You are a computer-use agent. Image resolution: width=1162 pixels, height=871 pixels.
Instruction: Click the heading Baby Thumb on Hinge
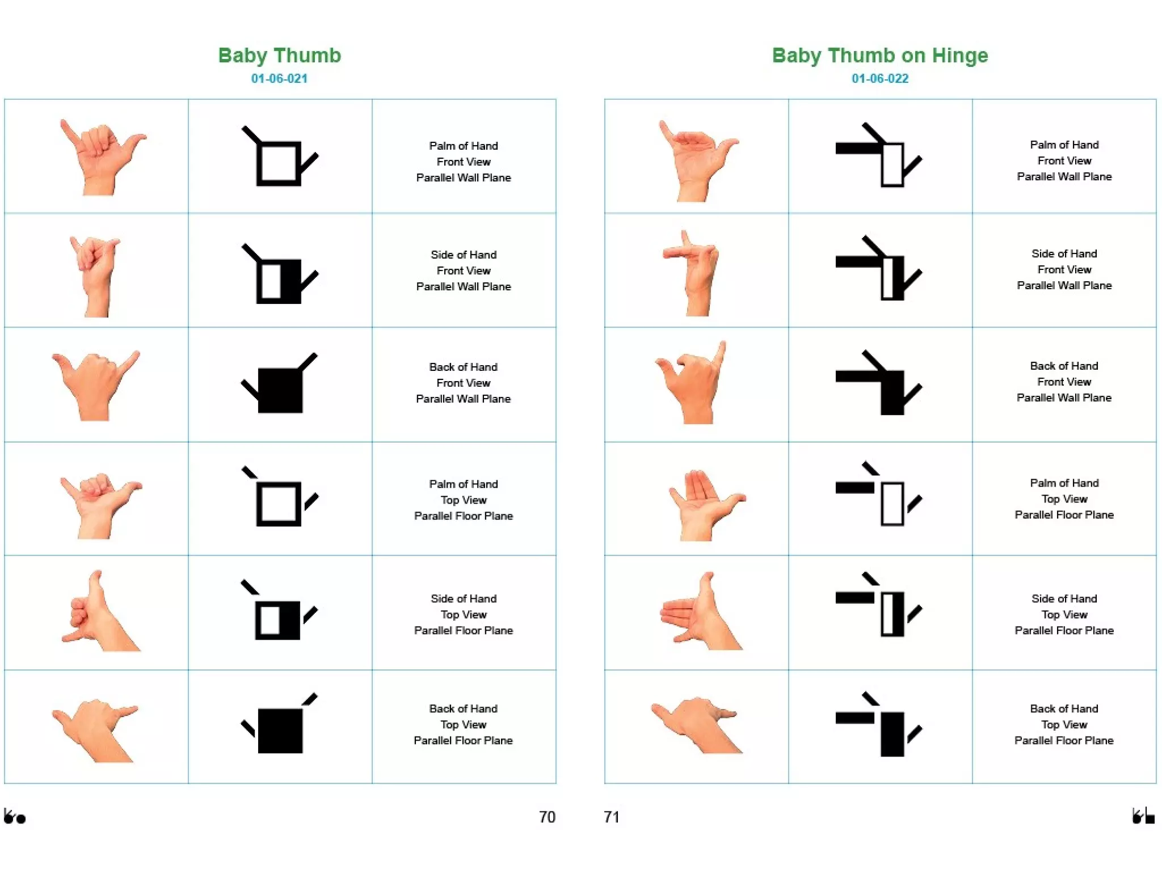click(879, 56)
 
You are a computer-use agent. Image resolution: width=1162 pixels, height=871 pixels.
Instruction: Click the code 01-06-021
click(279, 79)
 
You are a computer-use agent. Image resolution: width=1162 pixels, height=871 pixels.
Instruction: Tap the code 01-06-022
click(879, 79)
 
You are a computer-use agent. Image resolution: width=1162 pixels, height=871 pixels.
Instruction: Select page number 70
click(546, 817)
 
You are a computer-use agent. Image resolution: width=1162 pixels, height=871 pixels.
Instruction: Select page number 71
click(612, 817)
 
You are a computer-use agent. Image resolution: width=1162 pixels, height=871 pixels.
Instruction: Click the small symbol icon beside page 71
click(1143, 817)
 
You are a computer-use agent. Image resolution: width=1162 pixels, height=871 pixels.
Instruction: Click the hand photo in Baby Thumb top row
click(101, 157)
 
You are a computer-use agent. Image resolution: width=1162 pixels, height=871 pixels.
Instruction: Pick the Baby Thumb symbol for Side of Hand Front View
click(280, 274)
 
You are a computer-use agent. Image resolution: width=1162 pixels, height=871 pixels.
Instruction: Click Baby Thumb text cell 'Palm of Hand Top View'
click(464, 500)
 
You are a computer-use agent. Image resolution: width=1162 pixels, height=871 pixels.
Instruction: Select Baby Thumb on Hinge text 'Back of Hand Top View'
click(1064, 724)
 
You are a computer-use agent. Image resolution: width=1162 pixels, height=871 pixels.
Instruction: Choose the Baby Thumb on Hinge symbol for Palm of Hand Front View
click(879, 156)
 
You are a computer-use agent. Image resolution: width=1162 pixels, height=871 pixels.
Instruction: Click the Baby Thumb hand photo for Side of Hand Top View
click(99, 613)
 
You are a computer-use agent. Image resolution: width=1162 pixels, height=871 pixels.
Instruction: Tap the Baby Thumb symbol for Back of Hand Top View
click(280, 725)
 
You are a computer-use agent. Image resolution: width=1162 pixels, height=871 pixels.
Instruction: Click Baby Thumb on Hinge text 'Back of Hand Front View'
click(1064, 382)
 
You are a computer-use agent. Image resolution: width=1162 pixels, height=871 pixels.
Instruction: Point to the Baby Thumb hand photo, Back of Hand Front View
click(95, 386)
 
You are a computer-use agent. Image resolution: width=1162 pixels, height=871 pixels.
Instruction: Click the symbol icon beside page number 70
click(15, 817)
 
